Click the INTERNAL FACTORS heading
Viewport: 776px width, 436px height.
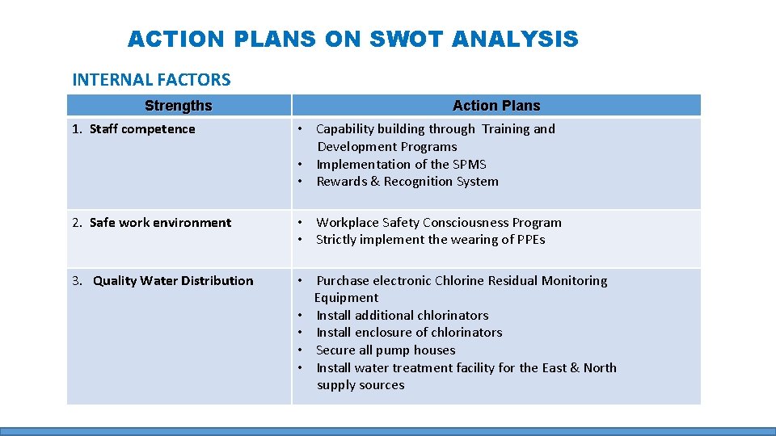pyautogui.click(x=151, y=79)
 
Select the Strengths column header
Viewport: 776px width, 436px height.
pyautogui.click(x=178, y=106)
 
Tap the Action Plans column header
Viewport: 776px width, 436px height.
pyautogui.click(x=496, y=106)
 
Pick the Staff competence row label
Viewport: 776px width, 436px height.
pyautogui.click(x=142, y=129)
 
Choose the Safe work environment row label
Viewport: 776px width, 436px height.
pyautogui.click(x=160, y=223)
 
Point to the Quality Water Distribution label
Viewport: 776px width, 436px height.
pyautogui.click(x=173, y=281)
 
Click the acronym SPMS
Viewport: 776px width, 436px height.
pyautogui.click(x=470, y=165)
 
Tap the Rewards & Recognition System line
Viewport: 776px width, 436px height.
pyautogui.click(x=407, y=182)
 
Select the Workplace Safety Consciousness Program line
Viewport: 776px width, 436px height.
pyautogui.click(x=438, y=223)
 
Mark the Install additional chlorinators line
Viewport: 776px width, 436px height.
pyautogui.click(x=402, y=316)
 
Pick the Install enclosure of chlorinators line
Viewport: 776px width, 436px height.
pyautogui.click(x=409, y=333)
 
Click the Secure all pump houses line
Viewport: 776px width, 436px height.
pyautogui.click(x=386, y=350)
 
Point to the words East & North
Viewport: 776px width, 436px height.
pyautogui.click(x=579, y=368)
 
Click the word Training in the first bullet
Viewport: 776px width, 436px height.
pyautogui.click(x=505, y=129)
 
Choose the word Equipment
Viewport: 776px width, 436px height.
pyautogui.click(x=346, y=298)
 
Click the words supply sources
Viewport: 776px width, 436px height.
pyautogui.click(x=361, y=385)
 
